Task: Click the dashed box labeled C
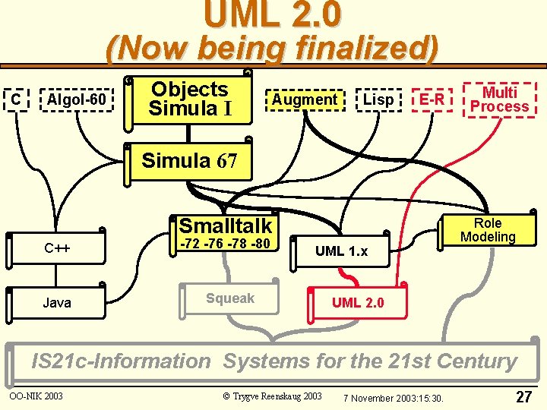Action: point(15,99)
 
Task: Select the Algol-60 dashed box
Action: point(76,99)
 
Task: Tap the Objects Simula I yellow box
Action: point(190,99)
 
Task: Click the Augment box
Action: point(304,99)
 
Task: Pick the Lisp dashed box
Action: point(378,99)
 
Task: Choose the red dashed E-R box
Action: point(432,99)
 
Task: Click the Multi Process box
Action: point(499,99)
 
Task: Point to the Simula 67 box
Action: point(190,161)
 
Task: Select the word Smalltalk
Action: point(226,225)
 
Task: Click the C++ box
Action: point(58,248)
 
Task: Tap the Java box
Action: point(57,303)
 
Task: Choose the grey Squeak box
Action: point(230,299)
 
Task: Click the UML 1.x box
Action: point(341,251)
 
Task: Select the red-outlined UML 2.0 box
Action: point(357,303)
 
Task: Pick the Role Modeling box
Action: point(487,230)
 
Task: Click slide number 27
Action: point(523,396)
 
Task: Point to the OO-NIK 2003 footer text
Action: point(36,396)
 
